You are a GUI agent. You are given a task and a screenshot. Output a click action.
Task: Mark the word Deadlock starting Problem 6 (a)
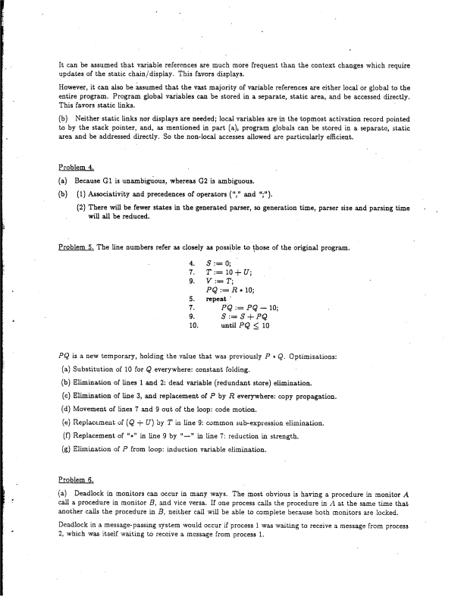89,495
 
